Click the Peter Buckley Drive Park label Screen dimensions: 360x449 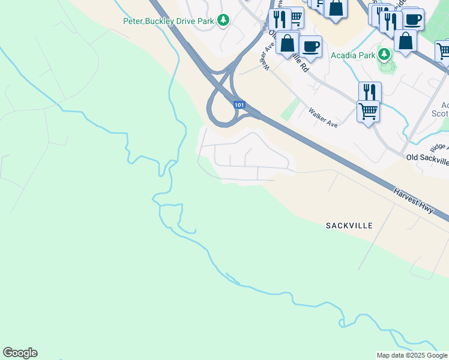pyautogui.click(x=169, y=20)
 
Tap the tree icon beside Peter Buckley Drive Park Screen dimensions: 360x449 pyautogui.click(x=223, y=20)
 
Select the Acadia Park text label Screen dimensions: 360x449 pyautogui.click(x=353, y=55)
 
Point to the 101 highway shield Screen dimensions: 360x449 pyautogui.click(x=240, y=104)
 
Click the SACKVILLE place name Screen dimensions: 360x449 pyautogui.click(x=349, y=226)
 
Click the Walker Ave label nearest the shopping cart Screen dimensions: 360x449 pyautogui.click(x=324, y=117)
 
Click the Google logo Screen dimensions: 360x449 pyautogui.click(x=20, y=353)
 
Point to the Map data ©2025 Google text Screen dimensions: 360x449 pyautogui.click(x=411, y=355)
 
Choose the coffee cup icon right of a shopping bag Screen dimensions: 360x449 pyautogui.click(x=310, y=46)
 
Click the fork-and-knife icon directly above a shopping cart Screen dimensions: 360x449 pyautogui.click(x=370, y=92)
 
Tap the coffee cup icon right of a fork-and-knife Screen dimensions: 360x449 pyautogui.click(x=412, y=19)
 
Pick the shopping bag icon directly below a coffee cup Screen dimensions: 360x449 pyautogui.click(x=406, y=41)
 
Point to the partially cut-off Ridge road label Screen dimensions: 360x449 pyautogui.click(x=439, y=147)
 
